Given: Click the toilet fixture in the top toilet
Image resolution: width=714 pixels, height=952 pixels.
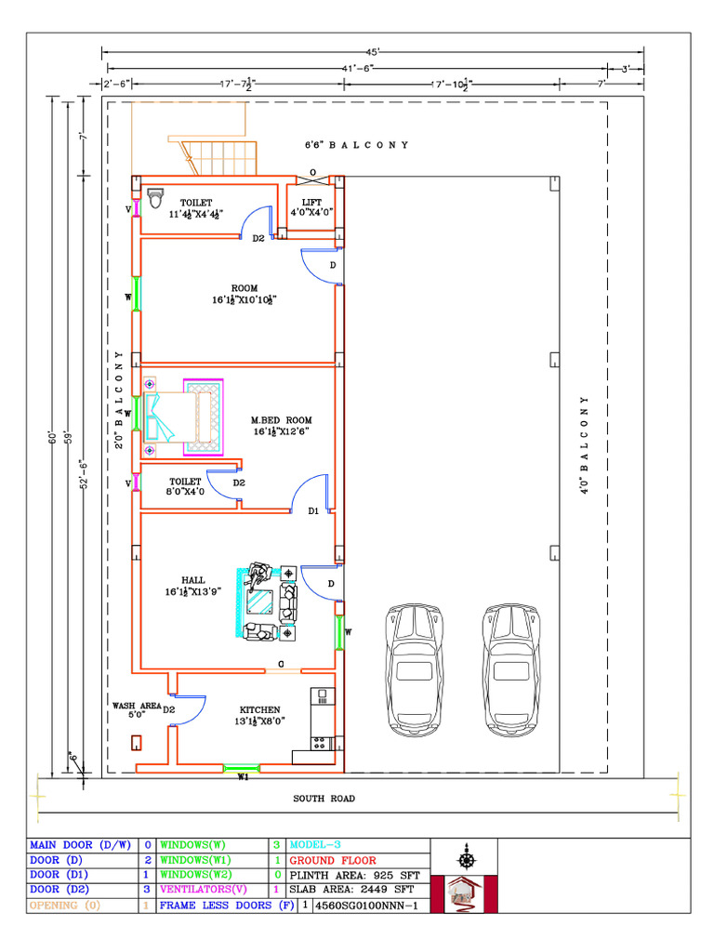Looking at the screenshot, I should [x=156, y=199].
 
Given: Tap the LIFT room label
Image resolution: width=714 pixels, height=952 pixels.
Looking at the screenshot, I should [x=311, y=206].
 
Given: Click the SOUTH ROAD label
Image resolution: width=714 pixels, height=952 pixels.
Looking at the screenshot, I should [x=324, y=798].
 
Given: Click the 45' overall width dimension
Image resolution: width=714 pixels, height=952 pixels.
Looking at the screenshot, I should [x=372, y=52].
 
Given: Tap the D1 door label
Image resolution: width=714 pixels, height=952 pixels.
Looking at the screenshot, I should [x=313, y=510].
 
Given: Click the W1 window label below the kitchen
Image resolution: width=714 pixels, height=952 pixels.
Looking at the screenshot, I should [x=243, y=777].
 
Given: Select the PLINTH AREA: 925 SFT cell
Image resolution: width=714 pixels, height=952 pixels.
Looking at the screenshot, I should [x=354, y=875].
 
